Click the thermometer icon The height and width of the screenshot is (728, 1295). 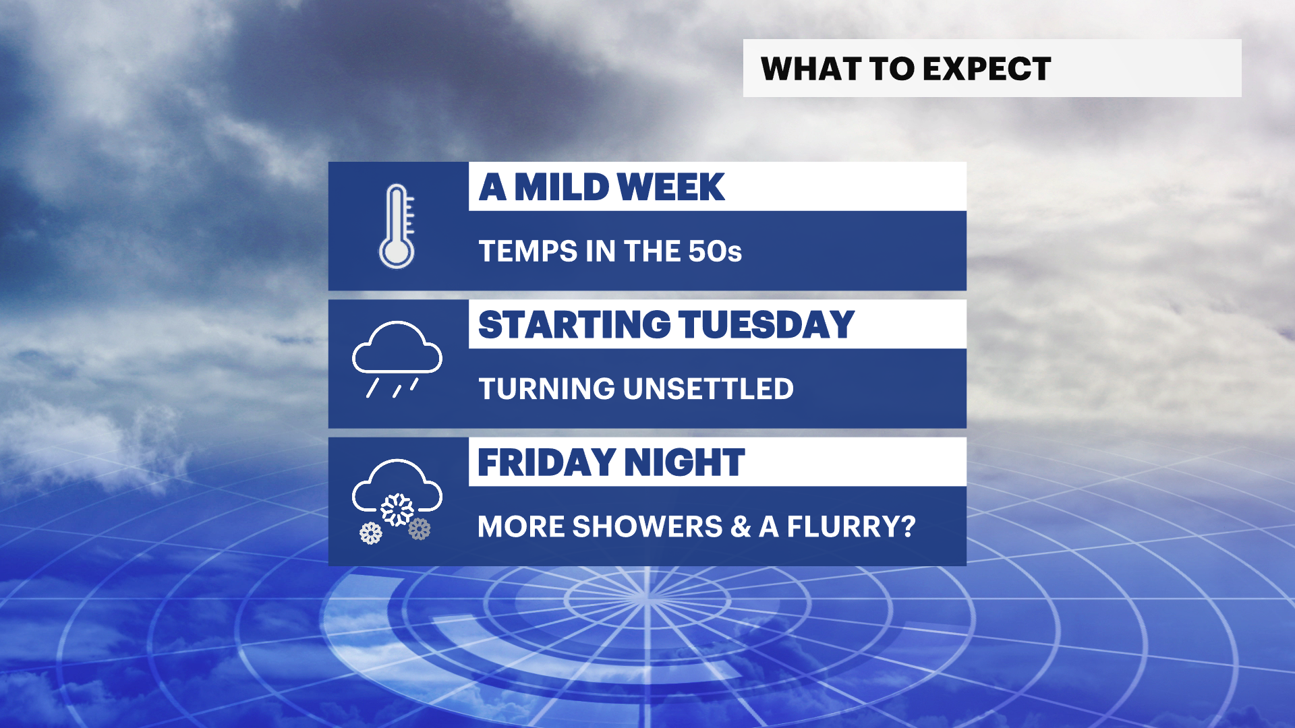(397, 226)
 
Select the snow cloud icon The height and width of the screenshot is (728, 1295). (397, 501)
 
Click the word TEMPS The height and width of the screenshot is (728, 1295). (528, 251)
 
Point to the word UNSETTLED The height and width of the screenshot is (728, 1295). (708, 389)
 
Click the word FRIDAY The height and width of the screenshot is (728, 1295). (546, 462)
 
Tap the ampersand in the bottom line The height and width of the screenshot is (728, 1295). (741, 526)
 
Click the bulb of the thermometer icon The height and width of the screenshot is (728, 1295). (397, 253)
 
